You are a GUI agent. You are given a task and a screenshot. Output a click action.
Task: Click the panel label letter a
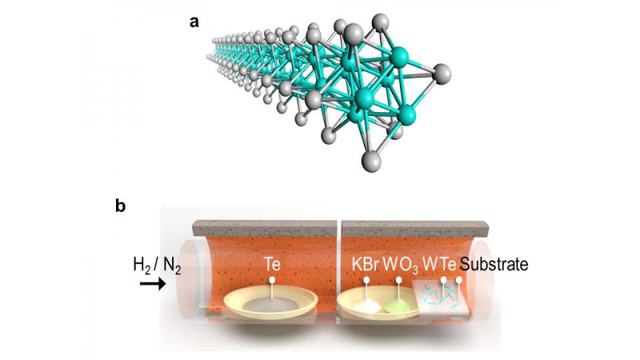[194, 22]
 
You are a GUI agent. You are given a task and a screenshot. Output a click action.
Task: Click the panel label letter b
[120, 206]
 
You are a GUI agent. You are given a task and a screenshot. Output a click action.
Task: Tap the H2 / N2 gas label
[157, 266]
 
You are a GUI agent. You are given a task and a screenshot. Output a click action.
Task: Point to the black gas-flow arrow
[153, 284]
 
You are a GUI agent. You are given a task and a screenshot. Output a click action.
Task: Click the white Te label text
[272, 264]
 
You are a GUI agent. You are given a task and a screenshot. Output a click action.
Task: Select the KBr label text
[366, 265]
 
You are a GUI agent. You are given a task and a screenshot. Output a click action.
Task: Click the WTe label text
[439, 265]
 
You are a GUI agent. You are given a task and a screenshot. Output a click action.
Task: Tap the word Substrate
[494, 265]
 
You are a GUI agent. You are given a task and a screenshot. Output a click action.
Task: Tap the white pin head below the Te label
[272, 281]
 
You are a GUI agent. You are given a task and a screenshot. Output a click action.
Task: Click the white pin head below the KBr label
[367, 280]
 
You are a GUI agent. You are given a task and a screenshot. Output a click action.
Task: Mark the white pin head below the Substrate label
[459, 280]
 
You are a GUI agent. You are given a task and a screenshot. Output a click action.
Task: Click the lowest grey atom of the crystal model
[371, 162]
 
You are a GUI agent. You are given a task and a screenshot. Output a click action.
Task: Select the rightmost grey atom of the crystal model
[442, 74]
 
